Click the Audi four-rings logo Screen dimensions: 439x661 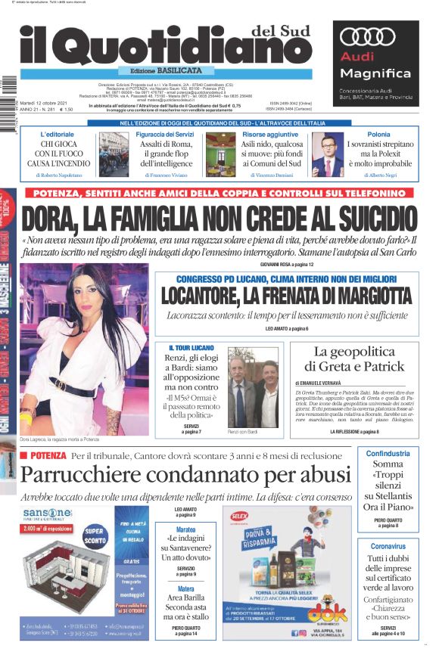(369, 36)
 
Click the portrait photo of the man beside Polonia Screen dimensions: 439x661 (328, 157)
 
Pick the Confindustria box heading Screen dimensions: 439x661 (388, 454)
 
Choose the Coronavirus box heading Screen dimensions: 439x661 (388, 545)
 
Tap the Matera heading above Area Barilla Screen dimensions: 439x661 (185, 589)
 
